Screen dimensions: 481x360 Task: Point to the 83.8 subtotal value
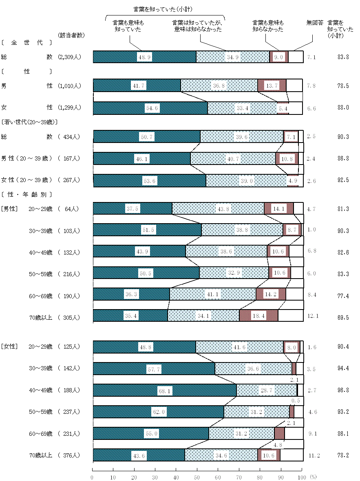343,57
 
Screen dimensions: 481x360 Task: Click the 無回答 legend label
315,23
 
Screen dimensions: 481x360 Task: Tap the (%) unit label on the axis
313,477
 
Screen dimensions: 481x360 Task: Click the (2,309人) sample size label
70,57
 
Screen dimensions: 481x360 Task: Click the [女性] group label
9,347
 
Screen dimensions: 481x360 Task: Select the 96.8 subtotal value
343,390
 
